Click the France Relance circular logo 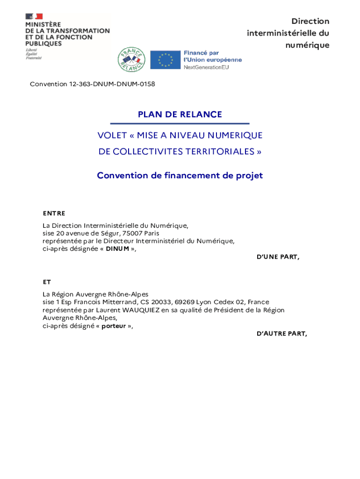click(131, 59)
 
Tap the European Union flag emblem click(166, 60)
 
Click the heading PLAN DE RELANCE click(180, 115)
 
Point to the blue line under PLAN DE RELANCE click(180, 123)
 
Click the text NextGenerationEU click(206, 67)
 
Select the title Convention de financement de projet click(180, 176)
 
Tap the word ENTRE click(54, 213)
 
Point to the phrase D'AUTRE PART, click(282, 334)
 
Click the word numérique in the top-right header click(307, 45)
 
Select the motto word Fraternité click(34, 58)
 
